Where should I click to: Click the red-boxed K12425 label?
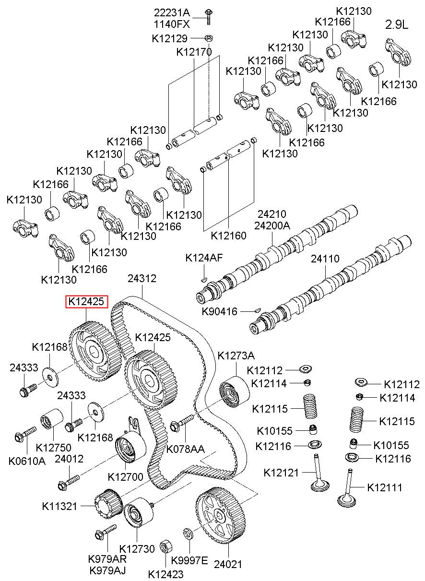(x=86, y=301)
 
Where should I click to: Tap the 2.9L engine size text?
(x=397, y=24)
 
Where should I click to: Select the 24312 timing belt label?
(x=142, y=278)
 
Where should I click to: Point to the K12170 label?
(x=194, y=52)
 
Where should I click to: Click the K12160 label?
(x=228, y=236)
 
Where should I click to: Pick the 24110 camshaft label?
(x=325, y=259)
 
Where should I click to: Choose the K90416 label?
(x=220, y=311)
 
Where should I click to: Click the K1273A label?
(x=236, y=356)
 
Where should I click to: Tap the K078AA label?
(x=186, y=449)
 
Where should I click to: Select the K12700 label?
(x=126, y=477)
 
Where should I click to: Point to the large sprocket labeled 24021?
(x=220, y=516)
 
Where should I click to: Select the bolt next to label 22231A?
(x=209, y=17)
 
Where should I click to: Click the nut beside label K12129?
(x=209, y=38)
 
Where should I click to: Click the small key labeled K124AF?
(x=204, y=280)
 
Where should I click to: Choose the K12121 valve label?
(x=281, y=473)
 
